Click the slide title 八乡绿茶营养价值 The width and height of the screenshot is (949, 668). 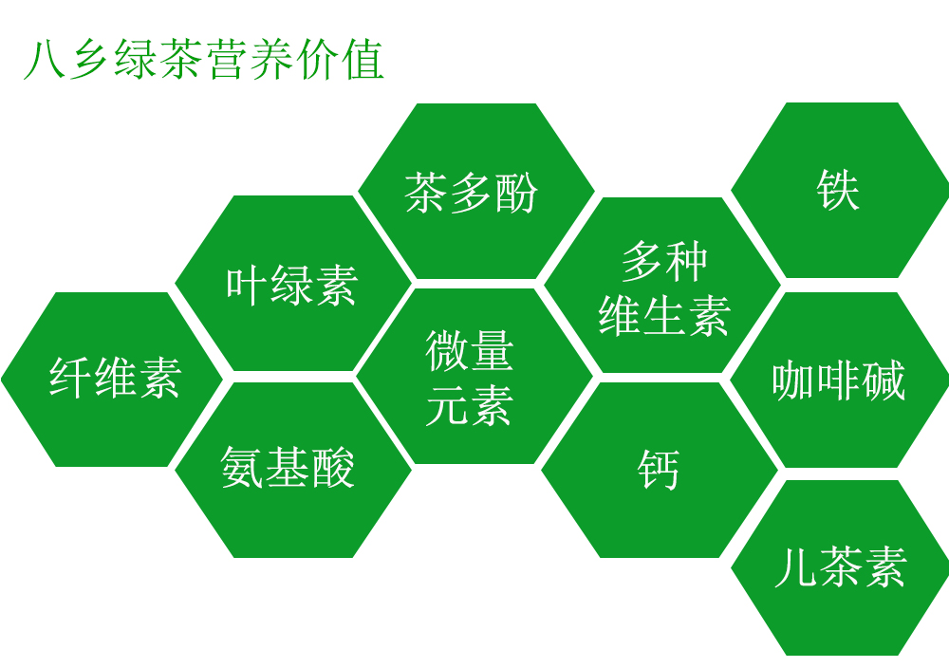coord(204,59)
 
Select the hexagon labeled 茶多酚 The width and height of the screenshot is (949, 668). coord(476,192)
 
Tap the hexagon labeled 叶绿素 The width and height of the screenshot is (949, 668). coord(293,283)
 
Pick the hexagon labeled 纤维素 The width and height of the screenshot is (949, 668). coord(112,380)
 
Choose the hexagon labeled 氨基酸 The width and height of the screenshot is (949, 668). coord(293,470)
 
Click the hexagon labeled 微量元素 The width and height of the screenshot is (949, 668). coord(474,377)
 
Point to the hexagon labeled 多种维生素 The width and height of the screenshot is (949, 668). coord(662,285)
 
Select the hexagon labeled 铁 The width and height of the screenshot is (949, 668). coord(840,190)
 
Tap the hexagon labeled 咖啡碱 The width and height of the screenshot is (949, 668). coord(840,380)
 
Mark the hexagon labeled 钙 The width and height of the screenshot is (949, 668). coord(660,470)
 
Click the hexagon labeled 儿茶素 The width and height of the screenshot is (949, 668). coord(840,567)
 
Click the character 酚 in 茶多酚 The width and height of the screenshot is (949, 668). coord(516,193)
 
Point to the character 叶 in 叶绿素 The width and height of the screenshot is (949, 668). coord(247,285)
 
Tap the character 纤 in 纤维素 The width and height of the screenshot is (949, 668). coord(70,378)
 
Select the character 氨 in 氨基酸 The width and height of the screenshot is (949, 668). coord(241,467)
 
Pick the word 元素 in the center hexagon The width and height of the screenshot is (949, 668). coord(469,405)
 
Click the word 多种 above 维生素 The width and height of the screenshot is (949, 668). coord(664,261)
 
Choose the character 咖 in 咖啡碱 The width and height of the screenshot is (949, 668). coord(793,380)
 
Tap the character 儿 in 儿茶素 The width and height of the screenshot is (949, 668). coord(796,567)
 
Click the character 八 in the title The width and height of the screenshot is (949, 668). coord(44,61)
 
